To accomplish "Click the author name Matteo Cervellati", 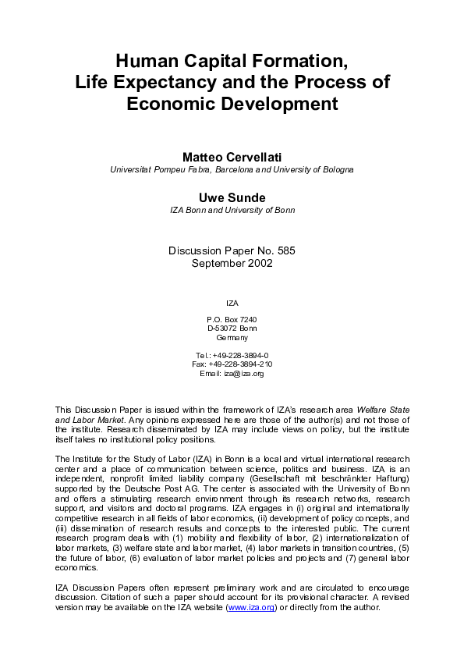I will tap(232, 157).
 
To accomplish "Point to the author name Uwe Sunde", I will tap(232, 197).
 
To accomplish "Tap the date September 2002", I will tap(232, 263).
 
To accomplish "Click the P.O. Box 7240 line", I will tap(232, 319).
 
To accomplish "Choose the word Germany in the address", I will tap(232, 337).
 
